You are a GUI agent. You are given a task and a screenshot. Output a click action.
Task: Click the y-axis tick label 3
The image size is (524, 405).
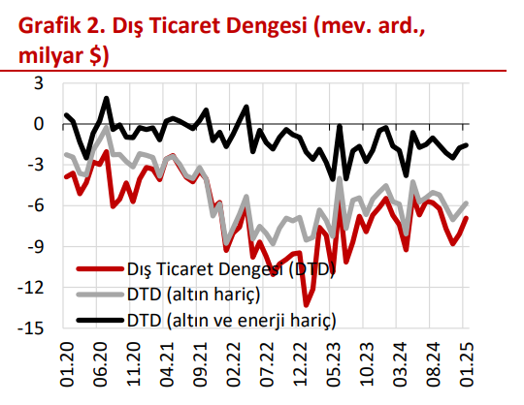pyautogui.click(x=38, y=83)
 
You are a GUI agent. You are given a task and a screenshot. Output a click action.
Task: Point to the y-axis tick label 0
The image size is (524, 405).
pyautogui.click(x=38, y=124)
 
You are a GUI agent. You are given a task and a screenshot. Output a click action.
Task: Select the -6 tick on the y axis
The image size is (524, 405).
pyautogui.click(x=34, y=205)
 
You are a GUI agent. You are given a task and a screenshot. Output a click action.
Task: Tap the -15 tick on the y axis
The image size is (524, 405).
pyautogui.click(x=30, y=328)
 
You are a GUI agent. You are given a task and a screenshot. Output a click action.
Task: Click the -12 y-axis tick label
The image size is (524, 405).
pyautogui.click(x=30, y=288)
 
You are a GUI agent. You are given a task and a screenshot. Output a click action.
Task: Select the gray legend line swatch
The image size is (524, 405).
pyautogui.click(x=96, y=292)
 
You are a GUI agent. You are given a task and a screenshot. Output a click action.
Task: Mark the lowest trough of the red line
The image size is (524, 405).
pyautogui.click(x=307, y=303)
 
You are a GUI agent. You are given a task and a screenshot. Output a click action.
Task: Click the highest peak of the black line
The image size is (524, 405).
pyautogui.click(x=106, y=98)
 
